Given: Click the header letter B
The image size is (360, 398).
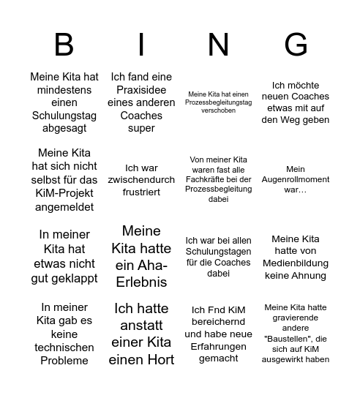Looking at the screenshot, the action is pyautogui.click(x=64, y=45).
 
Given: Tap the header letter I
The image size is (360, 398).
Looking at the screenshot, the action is pyautogui.click(x=141, y=45).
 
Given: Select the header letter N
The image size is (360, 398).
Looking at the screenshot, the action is pyautogui.click(x=218, y=45).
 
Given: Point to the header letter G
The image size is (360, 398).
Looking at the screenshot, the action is pyautogui.click(x=296, y=45).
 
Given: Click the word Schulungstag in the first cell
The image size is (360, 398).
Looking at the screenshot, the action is pyautogui.click(x=64, y=116).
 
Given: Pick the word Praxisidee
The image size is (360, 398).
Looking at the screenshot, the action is pyautogui.click(x=141, y=90).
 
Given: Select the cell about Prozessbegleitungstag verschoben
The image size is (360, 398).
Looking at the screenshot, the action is pyautogui.click(x=218, y=102).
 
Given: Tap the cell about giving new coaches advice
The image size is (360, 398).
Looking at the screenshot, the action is pyautogui.click(x=296, y=102).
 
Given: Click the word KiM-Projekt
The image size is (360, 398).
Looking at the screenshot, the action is pyautogui.click(x=64, y=193).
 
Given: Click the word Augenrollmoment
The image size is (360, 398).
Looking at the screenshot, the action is pyautogui.click(x=296, y=179).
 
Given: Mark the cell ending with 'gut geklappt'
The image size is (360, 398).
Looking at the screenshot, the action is pyautogui.click(x=64, y=255).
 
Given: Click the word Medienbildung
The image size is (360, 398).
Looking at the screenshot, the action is pyautogui.click(x=296, y=263).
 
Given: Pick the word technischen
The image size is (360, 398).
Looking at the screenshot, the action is pyautogui.click(x=64, y=347).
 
